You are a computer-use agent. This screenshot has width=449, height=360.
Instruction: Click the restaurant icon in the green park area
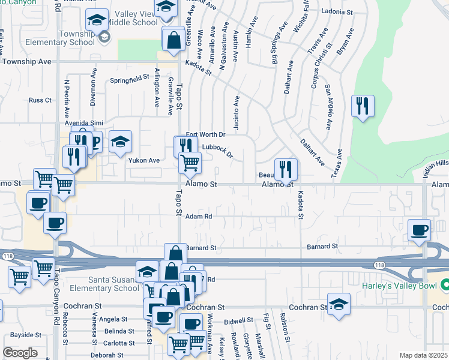click(x=363, y=107)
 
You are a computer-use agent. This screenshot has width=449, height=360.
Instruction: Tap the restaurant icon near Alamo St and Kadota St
click(x=286, y=169)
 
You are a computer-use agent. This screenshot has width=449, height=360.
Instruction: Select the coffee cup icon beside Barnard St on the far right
click(x=419, y=230)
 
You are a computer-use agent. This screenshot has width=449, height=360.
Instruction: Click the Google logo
click(x=20, y=353)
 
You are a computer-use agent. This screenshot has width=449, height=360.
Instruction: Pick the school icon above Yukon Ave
click(x=120, y=142)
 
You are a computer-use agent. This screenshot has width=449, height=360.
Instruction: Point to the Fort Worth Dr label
click(x=205, y=134)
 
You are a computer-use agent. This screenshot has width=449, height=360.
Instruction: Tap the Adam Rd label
click(x=199, y=217)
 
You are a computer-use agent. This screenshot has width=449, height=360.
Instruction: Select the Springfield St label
click(x=129, y=78)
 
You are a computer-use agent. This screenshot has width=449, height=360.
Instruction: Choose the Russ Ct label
click(x=40, y=100)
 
